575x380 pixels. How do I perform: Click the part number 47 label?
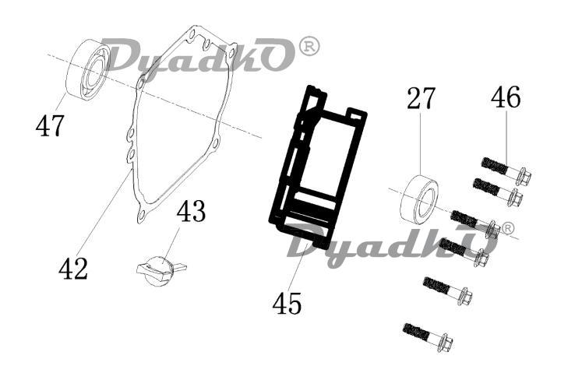click(x=50, y=125)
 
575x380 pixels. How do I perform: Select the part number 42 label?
click(x=73, y=269)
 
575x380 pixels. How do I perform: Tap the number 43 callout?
click(x=191, y=212)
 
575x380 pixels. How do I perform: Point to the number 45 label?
click(x=287, y=304)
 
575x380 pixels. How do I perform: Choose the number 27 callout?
click(x=421, y=98)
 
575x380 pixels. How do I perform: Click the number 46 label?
click(x=506, y=97)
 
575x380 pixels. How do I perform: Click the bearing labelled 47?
click(x=88, y=69)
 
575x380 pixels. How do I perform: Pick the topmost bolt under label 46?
click(x=506, y=171)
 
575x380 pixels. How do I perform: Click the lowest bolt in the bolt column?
click(x=428, y=336)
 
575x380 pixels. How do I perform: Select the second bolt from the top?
click(x=499, y=192)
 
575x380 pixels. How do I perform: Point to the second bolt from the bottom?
click(x=448, y=290)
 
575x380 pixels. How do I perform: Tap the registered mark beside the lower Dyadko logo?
click(x=507, y=227)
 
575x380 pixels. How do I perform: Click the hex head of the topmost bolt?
click(x=523, y=177)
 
